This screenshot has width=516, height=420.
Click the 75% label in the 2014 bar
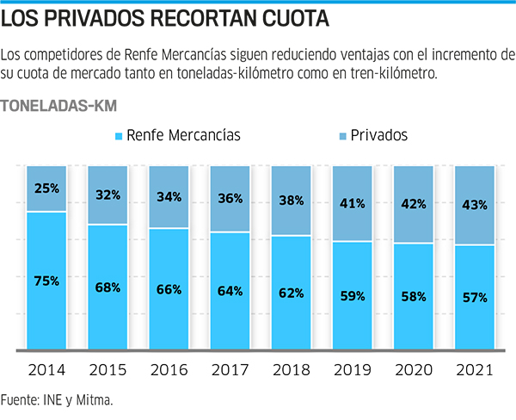click(46, 280)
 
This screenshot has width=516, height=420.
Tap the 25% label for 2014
click(46, 188)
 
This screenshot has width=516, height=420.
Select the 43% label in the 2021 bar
click(475, 205)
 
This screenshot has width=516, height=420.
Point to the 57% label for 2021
click(475, 297)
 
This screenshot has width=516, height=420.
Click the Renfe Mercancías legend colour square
click(118, 136)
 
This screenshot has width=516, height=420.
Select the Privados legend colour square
click(341, 136)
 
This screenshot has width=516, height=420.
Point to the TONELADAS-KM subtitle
click(59, 106)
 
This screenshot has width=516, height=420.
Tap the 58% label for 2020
click(414, 295)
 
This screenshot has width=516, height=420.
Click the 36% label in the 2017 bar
click(230, 198)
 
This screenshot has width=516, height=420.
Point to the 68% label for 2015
click(107, 287)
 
